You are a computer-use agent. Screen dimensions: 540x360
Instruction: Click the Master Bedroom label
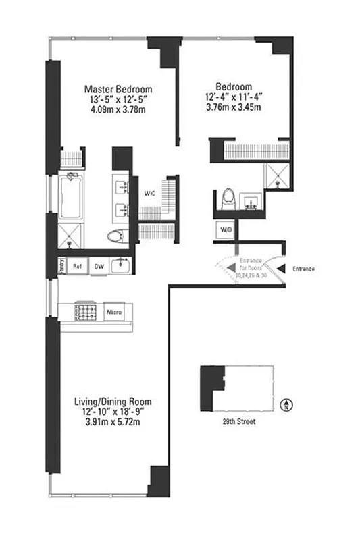[118, 89]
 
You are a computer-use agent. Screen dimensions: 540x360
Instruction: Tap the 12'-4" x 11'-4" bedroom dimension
[234, 97]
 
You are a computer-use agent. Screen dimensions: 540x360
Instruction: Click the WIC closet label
[151, 194]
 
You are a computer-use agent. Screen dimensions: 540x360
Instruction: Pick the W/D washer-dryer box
[225, 230]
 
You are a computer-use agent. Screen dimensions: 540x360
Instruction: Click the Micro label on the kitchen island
[114, 312]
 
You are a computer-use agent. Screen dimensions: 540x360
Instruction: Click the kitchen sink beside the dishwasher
[120, 265]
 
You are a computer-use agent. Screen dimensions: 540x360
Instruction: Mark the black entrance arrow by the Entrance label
[282, 269]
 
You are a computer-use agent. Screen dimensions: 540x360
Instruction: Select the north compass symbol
[285, 404]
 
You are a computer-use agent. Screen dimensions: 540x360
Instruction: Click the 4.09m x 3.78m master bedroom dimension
[118, 109]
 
